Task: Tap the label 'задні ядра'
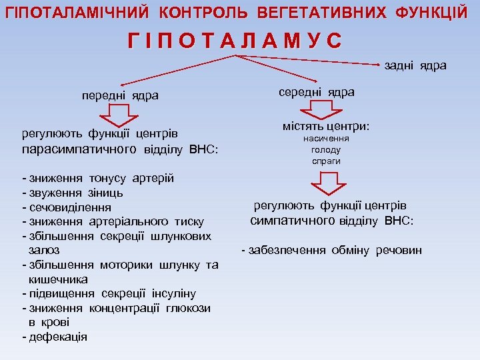pyautogui.click(x=415, y=65)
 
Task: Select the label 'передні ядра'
pyautogui.click(x=120, y=95)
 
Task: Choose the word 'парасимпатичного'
pyautogui.click(x=79, y=148)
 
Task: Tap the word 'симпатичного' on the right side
pyautogui.click(x=293, y=221)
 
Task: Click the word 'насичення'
pyautogui.click(x=325, y=139)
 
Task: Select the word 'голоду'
pyautogui.click(x=325, y=150)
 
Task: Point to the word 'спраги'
pyautogui.click(x=325, y=161)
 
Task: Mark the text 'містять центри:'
pyautogui.click(x=325, y=126)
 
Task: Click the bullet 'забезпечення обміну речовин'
pyautogui.click(x=334, y=250)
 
